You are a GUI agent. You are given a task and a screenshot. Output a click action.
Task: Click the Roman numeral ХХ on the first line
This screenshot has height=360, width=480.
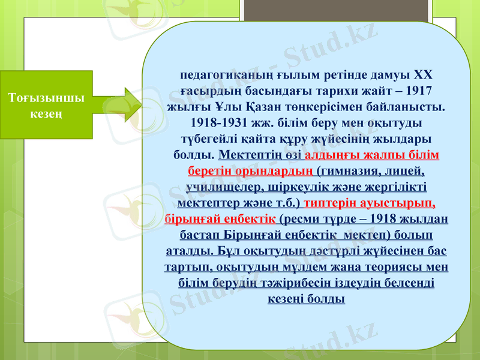[423, 76]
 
